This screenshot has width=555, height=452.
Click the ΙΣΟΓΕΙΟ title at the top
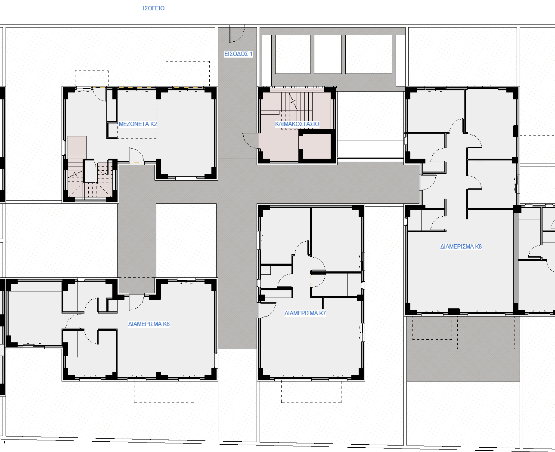[x=154, y=8]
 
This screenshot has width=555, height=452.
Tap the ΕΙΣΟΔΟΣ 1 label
[x=239, y=54]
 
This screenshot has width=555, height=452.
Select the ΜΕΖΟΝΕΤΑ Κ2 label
[x=138, y=124]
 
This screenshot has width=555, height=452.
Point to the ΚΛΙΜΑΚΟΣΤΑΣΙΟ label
[x=297, y=124]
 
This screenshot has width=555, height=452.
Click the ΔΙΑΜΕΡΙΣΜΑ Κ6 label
[x=149, y=324]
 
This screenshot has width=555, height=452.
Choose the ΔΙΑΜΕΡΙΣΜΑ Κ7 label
[x=305, y=313]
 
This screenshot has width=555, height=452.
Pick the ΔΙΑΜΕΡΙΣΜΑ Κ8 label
[x=461, y=246]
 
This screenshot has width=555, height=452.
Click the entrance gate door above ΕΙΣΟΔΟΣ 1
[x=236, y=34]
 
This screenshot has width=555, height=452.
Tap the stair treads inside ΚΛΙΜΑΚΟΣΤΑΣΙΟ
[x=297, y=104]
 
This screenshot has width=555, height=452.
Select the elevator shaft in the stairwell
[x=317, y=146]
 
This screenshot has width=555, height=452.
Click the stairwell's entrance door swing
[x=250, y=141]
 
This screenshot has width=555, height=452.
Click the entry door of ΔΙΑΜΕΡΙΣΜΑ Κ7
[x=267, y=310]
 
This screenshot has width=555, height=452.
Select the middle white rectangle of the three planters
[x=328, y=54]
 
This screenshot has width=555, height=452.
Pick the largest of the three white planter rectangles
[x=369, y=54]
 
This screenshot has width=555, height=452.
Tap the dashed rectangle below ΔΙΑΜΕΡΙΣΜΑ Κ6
[x=164, y=391]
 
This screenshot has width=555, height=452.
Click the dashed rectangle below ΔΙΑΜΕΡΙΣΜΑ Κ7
[x=311, y=391]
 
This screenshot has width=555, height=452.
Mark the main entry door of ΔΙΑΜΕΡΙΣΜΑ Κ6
[x=136, y=302]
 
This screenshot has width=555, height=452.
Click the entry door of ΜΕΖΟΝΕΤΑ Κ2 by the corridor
[x=136, y=156]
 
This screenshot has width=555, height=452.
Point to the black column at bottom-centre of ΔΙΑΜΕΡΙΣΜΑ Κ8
[x=454, y=311]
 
